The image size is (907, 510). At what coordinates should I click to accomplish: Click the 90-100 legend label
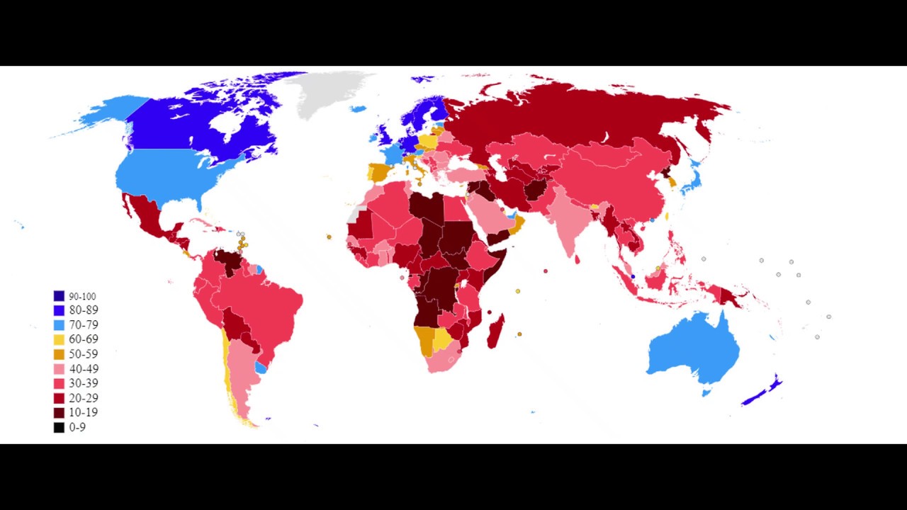coord(82,296)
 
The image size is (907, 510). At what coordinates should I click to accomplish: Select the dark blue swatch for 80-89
coord(59,310)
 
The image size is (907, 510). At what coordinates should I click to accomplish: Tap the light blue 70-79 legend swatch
coord(59,325)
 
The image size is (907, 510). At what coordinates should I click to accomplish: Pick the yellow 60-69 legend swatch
coord(59,339)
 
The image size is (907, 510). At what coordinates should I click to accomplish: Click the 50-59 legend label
coord(84,354)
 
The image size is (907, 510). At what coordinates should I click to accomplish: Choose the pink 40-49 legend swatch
coord(59,369)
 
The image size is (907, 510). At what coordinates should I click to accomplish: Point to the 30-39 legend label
coord(84,383)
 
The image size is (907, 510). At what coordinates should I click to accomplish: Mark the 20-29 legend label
coord(84,398)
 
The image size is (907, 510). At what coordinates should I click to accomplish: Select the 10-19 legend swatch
coord(59,412)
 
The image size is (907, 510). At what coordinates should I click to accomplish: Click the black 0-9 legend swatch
coord(59,427)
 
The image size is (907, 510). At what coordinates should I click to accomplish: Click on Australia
coord(694,351)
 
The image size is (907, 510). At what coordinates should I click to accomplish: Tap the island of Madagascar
coord(496,331)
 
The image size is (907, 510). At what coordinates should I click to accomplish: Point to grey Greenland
coord(326,92)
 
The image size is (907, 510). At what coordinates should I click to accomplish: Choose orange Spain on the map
coord(378,173)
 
